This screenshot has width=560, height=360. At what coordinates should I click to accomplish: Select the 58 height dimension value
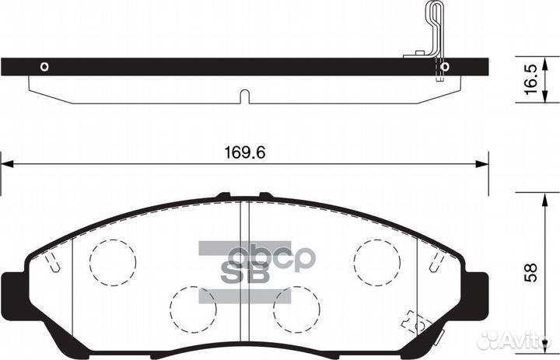(531, 273)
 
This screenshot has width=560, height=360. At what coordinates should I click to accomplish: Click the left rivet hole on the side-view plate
(44, 66)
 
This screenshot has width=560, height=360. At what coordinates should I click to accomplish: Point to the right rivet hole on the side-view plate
(444, 67)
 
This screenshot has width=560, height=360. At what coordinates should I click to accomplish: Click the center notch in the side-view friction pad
(243, 96)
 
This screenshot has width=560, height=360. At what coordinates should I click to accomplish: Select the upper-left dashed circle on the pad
(112, 260)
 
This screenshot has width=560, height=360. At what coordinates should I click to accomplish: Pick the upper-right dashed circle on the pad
(377, 260)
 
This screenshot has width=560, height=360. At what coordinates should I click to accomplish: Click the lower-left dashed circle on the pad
(192, 309)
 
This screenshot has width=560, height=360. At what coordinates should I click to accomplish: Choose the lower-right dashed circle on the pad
(296, 309)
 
